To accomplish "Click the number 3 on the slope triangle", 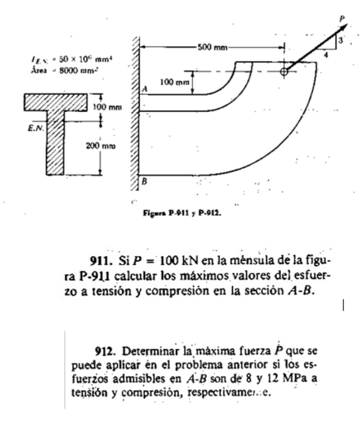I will pos(342,41).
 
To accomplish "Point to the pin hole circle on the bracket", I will pos(284,72).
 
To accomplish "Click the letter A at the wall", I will pos(144,89).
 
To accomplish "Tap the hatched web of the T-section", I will pos(57,146).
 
